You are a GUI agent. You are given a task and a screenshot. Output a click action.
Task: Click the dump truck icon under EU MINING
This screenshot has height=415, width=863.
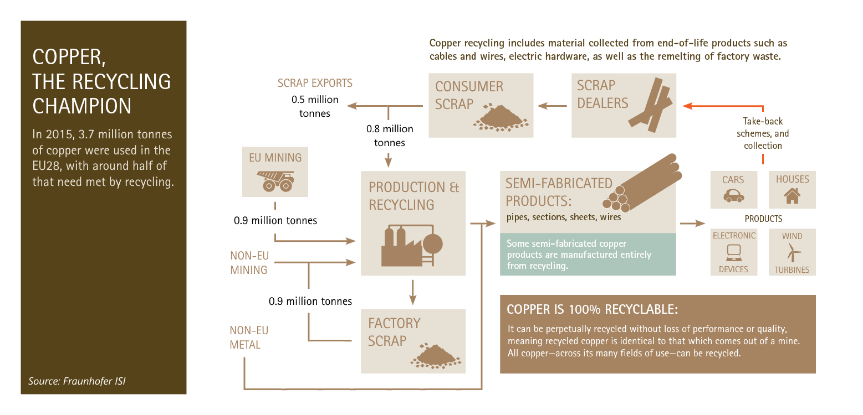(x=274, y=180)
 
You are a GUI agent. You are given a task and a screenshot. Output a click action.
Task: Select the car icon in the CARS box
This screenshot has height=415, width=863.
(x=733, y=195)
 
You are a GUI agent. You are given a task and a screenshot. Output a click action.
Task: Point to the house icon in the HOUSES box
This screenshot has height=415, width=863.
(x=792, y=195)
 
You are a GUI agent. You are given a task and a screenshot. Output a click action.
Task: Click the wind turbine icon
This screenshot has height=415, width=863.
(x=792, y=252)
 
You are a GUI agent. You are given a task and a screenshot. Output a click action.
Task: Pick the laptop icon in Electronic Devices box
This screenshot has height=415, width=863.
(x=734, y=252)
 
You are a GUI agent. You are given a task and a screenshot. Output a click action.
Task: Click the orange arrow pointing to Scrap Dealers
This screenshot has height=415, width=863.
(x=721, y=106)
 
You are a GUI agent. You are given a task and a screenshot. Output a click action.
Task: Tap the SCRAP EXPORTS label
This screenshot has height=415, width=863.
(x=315, y=84)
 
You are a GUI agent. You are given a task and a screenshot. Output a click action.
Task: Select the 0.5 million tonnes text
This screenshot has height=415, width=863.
(x=311, y=107)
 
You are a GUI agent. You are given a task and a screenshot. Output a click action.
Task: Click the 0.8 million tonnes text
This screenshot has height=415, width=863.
(x=390, y=136)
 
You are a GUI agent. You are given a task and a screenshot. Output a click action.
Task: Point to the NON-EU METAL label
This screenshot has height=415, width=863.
(x=249, y=338)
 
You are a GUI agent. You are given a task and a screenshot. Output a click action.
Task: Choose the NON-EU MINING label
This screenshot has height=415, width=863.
(x=249, y=263)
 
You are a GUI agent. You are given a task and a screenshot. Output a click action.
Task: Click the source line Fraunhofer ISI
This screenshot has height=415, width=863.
(x=81, y=381)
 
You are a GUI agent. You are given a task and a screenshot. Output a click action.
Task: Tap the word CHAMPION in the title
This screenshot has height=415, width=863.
(x=82, y=106)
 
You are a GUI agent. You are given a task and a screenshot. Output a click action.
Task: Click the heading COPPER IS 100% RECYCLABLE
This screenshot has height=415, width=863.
(x=592, y=309)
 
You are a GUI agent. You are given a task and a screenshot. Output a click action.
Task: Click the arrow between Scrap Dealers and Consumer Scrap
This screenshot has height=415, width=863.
(x=551, y=105)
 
